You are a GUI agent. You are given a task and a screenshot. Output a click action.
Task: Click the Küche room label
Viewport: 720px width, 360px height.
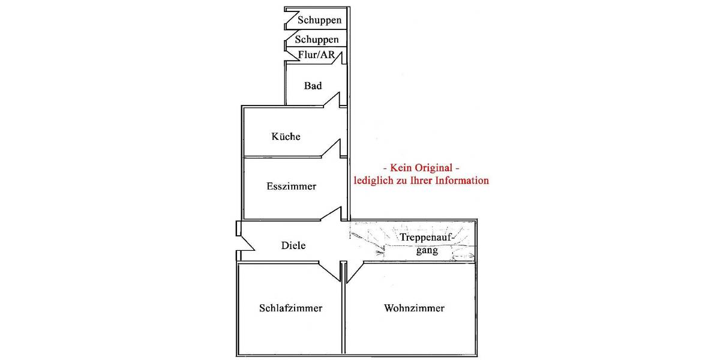(x=286, y=137)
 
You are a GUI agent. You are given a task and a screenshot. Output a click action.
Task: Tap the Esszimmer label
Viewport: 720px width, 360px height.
(x=291, y=187)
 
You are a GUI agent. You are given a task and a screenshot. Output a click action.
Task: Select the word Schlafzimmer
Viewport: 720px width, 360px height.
(x=291, y=308)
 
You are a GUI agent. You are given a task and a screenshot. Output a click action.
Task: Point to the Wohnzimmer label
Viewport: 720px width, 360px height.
(x=414, y=308)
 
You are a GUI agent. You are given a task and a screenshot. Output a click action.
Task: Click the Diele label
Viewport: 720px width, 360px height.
(x=294, y=245)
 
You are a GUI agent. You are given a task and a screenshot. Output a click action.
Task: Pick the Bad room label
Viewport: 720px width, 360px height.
(x=313, y=86)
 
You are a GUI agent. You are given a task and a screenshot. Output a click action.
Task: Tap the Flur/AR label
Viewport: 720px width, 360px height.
(x=316, y=55)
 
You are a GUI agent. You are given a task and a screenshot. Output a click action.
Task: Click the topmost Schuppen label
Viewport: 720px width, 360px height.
(x=319, y=20)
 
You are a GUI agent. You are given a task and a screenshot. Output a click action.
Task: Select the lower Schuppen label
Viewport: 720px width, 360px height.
(x=317, y=40)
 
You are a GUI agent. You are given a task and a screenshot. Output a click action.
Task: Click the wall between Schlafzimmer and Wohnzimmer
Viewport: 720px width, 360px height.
(x=344, y=312)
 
